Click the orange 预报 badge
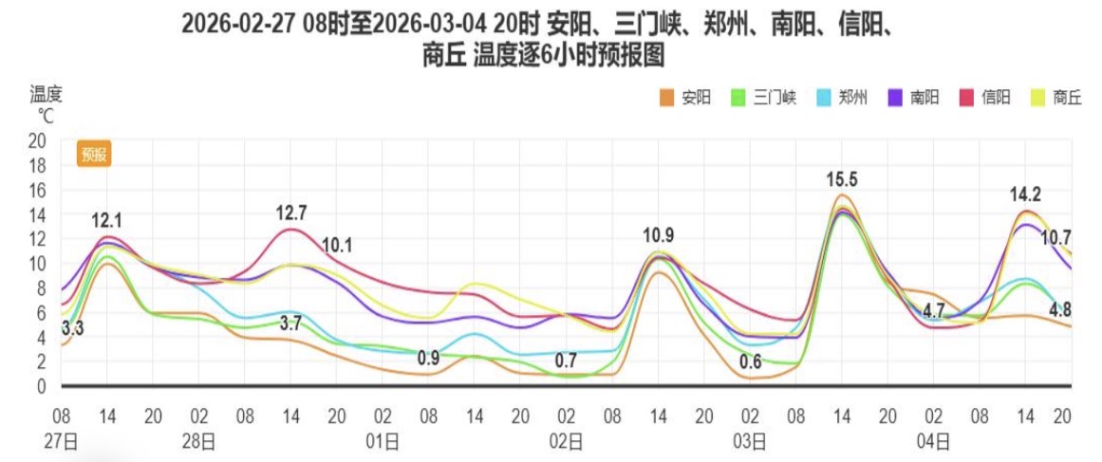point(95,154)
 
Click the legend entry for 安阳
point(685,97)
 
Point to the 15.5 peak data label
point(842,179)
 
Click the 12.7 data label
point(291,213)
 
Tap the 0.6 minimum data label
point(751,361)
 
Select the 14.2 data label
point(1025,195)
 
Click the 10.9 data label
point(659,235)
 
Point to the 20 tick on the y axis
point(37,140)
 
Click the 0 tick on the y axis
point(41,386)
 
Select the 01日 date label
point(383,439)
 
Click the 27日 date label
point(62,439)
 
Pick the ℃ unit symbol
point(46,115)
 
